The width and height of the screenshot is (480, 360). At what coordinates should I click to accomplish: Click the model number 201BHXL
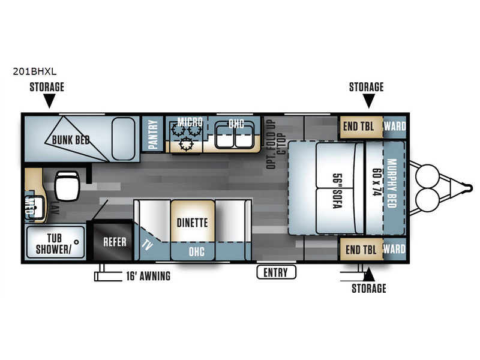click(x=35, y=71)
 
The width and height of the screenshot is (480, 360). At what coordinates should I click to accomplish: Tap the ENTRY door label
click(x=276, y=272)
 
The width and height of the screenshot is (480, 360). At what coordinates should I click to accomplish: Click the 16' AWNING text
click(x=148, y=276)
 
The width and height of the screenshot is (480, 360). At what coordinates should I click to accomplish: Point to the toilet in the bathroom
click(x=67, y=185)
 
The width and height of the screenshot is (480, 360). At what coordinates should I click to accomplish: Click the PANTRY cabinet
click(x=152, y=134)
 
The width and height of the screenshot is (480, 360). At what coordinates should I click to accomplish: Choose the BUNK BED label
click(x=71, y=140)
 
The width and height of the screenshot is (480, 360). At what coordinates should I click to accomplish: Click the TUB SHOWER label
click(x=54, y=244)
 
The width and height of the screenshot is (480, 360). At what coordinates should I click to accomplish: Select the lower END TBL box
click(x=361, y=249)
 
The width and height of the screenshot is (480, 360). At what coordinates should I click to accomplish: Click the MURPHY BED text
click(x=392, y=183)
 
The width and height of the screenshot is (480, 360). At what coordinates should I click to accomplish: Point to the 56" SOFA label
click(x=337, y=191)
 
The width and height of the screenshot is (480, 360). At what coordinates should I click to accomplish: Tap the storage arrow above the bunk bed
click(x=49, y=101)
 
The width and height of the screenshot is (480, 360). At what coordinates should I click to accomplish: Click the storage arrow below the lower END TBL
click(x=369, y=274)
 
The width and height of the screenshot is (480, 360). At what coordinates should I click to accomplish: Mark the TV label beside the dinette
click(x=147, y=245)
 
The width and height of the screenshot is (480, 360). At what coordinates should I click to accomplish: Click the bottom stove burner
click(x=186, y=144)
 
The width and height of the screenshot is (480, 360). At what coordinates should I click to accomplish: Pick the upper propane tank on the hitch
click(x=427, y=176)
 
